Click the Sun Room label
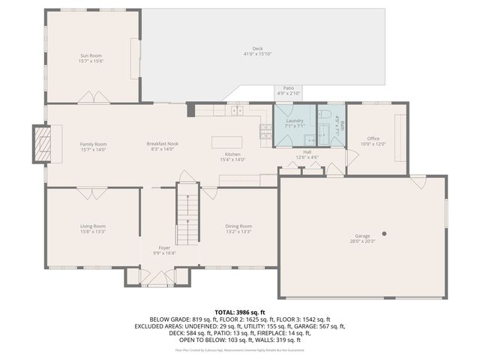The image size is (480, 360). pos(92,55)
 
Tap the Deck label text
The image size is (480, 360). pos(257,49)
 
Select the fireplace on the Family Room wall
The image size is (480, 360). pos(42,142)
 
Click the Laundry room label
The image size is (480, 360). pos(294,121)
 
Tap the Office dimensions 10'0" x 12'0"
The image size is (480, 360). pos(373,144)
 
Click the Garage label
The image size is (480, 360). pos(362,235)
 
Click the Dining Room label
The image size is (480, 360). pos(239,226)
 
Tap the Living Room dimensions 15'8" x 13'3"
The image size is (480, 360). pos(92,232)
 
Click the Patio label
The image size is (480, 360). pos(288,88)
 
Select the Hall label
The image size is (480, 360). pos(307,151)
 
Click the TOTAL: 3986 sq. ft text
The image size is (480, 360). pos(239,311)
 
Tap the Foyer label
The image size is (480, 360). pos(163,247)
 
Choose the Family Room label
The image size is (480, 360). pos(94,144)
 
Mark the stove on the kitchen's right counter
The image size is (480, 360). pos(265,132)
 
